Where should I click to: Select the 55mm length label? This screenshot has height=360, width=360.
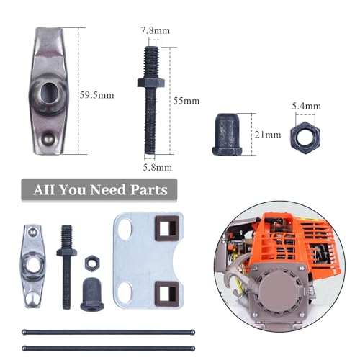pos(186,100)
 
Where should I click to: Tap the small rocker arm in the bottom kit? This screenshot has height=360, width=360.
pos(32,265)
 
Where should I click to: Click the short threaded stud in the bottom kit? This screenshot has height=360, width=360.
pos(68,263)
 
